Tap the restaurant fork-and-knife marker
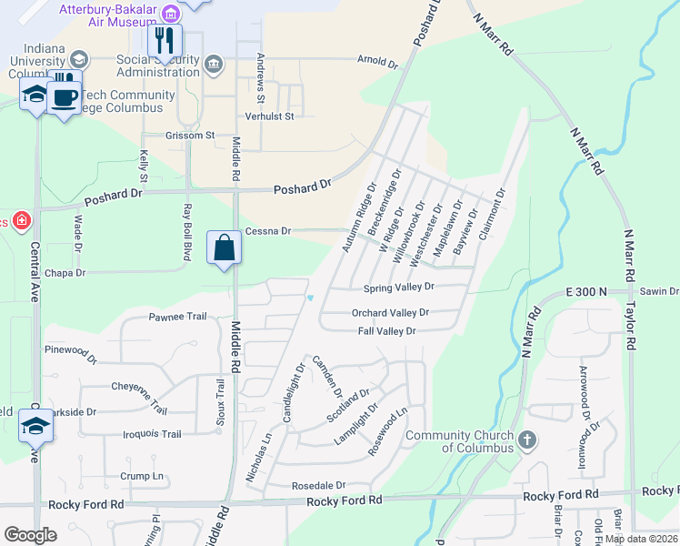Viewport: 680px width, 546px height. (x=165, y=40)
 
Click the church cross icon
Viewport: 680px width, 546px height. (x=526, y=440)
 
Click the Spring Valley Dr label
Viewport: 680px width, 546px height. (x=399, y=288)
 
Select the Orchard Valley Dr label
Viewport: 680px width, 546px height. (x=390, y=312)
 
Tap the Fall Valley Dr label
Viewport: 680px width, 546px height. (x=386, y=331)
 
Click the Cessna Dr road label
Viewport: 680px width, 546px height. (x=267, y=231)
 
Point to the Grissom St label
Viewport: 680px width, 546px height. (x=189, y=136)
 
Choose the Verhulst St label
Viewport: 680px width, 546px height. (x=270, y=116)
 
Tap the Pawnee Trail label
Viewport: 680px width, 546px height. (x=177, y=318)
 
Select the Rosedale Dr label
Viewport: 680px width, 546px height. (x=319, y=486)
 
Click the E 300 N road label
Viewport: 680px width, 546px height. (x=584, y=291)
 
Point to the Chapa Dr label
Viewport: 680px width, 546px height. (x=65, y=272)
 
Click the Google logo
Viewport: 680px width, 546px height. (x=30, y=535)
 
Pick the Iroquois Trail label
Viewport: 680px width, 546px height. (x=151, y=434)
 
